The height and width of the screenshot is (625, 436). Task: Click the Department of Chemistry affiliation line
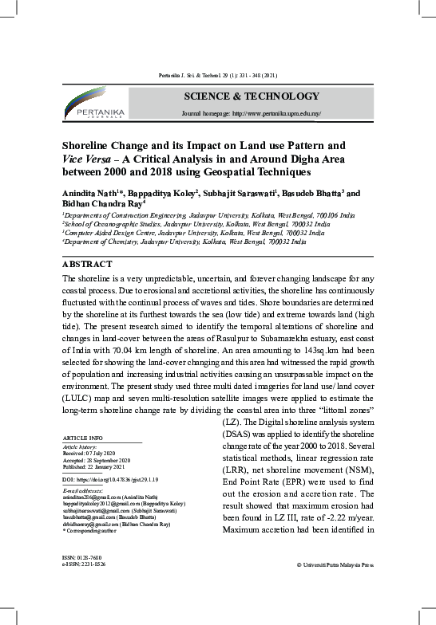(x=184, y=241)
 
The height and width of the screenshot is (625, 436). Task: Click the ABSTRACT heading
(x=89, y=264)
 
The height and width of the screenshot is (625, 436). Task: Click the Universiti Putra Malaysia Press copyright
(x=335, y=587)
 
